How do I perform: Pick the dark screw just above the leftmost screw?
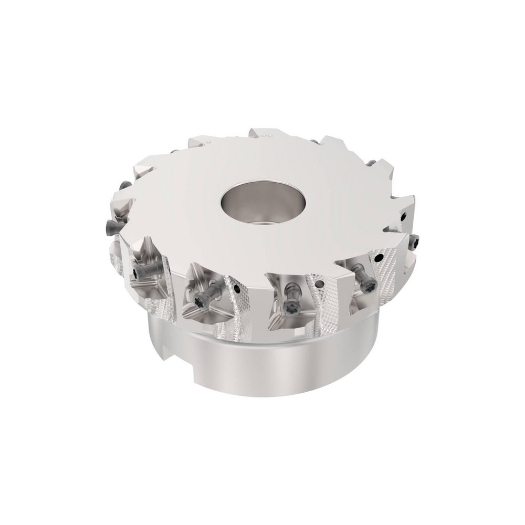click(124, 185)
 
